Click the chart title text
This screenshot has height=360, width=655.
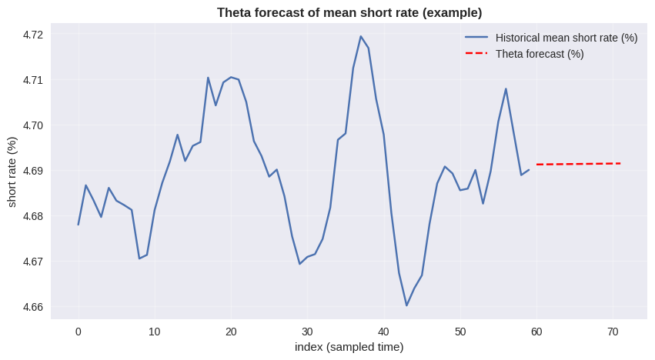(x=349, y=12)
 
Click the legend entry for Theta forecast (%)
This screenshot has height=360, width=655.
(x=540, y=54)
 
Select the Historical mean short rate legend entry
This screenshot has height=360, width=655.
(x=566, y=38)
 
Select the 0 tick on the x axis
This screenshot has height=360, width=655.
(x=78, y=332)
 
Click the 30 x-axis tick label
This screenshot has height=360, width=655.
(x=307, y=332)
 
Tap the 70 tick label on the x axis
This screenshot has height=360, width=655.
(x=613, y=332)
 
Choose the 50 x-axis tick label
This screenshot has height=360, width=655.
(x=460, y=332)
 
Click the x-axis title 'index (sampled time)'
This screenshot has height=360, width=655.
(x=349, y=347)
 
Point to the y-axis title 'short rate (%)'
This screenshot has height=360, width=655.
(x=12, y=172)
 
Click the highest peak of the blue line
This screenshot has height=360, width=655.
(x=360, y=36)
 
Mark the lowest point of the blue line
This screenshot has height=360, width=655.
(x=406, y=305)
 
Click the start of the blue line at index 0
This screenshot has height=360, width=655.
(x=79, y=225)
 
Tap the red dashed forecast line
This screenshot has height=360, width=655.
(x=577, y=164)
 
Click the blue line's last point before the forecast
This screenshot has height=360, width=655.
(x=529, y=170)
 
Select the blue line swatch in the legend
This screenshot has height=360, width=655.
(x=476, y=38)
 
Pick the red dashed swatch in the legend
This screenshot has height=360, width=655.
(x=476, y=54)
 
